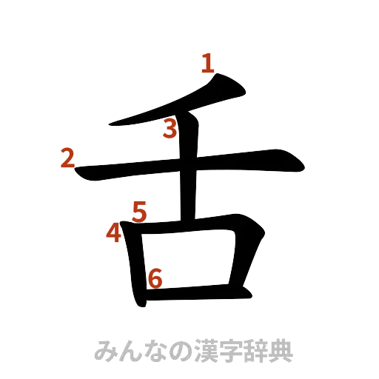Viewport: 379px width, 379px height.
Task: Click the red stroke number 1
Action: click(209, 64)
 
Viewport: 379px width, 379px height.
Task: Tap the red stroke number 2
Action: click(68, 158)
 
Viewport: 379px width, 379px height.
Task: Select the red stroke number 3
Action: click(170, 130)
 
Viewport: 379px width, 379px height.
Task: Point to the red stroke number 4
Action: click(113, 232)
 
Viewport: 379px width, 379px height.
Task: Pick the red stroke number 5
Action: click(139, 212)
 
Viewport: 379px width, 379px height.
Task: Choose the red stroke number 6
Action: click(155, 278)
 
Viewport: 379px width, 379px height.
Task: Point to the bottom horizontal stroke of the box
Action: click(196, 295)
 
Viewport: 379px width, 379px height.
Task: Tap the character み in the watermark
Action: click(107, 349)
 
